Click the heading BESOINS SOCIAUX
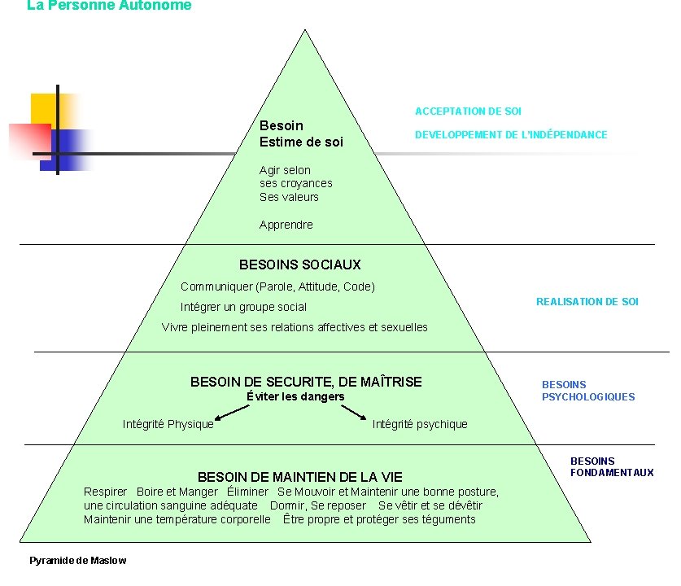click(299, 265)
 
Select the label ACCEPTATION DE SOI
click(468, 112)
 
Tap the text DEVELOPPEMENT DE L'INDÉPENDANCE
click(511, 135)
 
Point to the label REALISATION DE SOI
click(587, 302)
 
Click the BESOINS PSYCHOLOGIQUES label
click(587, 391)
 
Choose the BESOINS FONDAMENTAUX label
click(611, 467)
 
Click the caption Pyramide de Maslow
click(78, 561)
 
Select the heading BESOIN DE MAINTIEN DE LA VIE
click(299, 477)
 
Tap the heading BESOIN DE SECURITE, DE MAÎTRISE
click(306, 382)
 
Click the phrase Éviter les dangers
click(295, 397)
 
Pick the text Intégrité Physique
click(168, 424)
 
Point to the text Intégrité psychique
click(420, 424)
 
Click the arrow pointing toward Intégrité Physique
click(231, 413)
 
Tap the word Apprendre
click(286, 225)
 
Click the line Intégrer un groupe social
click(243, 307)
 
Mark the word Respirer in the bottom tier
click(106, 492)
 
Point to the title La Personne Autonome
click(109, 6)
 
